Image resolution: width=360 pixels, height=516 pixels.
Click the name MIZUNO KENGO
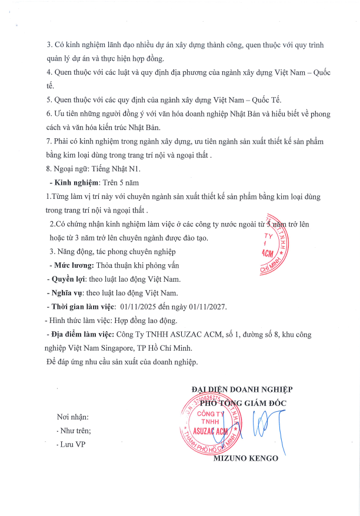tap(246, 458)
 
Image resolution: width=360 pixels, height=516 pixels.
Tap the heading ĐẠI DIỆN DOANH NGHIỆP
tap(242, 389)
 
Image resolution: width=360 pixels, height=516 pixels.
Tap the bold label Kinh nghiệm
tap(76, 183)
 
